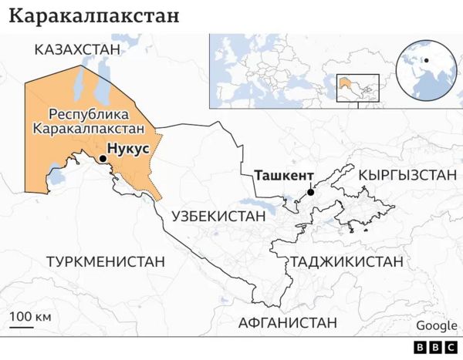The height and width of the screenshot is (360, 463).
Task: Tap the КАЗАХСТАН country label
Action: (x=77, y=50)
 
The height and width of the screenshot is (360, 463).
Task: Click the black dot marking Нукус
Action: (x=102, y=159)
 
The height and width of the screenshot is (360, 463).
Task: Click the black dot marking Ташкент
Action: (x=309, y=193)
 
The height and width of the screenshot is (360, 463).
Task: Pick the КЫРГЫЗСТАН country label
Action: (x=407, y=176)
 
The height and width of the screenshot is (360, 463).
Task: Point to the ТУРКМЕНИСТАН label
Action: (x=106, y=261)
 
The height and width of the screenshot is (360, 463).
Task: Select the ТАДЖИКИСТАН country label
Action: (x=346, y=261)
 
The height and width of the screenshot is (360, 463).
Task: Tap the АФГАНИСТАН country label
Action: (x=288, y=321)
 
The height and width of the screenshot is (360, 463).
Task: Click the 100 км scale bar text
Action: (x=30, y=317)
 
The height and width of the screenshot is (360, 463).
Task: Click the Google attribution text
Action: (x=437, y=325)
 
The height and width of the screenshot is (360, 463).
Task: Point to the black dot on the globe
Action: (x=426, y=60)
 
